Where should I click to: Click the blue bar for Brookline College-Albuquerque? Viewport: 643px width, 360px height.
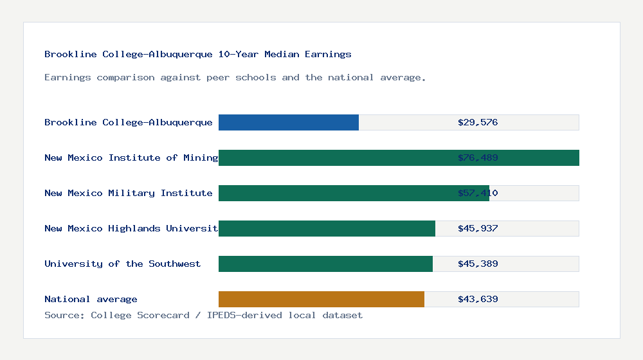(289, 122)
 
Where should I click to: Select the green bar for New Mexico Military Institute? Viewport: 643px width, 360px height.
(354, 193)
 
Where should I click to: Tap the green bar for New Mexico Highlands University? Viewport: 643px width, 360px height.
(327, 228)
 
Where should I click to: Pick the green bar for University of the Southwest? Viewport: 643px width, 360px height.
(325, 264)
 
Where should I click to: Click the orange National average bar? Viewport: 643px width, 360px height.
(321, 299)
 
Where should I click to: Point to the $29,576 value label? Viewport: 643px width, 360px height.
(478, 122)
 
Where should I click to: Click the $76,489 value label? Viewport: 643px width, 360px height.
(478, 157)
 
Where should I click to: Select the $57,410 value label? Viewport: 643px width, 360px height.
(478, 193)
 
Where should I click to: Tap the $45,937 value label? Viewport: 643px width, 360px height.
(478, 228)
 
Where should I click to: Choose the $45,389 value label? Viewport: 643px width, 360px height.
(478, 264)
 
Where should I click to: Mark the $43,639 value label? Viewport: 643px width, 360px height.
(478, 299)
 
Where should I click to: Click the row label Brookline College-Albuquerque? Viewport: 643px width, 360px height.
(129, 122)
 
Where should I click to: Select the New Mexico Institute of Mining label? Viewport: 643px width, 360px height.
(131, 157)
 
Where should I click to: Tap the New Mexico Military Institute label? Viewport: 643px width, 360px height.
(129, 193)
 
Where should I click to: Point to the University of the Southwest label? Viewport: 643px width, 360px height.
(122, 264)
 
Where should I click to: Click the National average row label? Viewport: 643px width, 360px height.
(91, 299)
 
